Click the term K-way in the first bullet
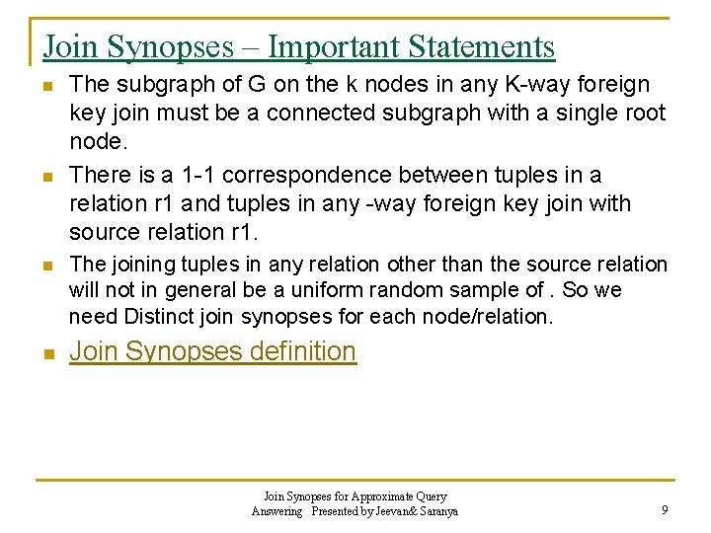[525, 85]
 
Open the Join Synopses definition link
[212, 351]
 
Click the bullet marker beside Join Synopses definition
[48, 353]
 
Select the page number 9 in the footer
[665, 510]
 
